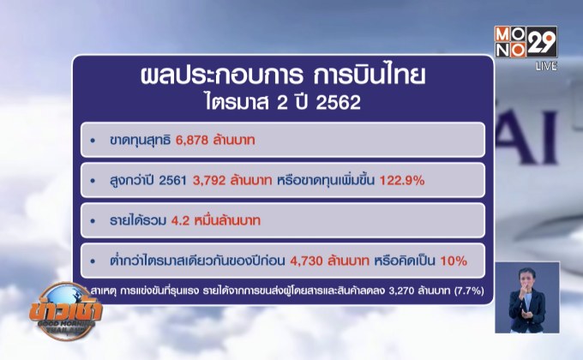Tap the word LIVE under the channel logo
[546, 65]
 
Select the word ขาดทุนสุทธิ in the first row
[135, 139]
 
